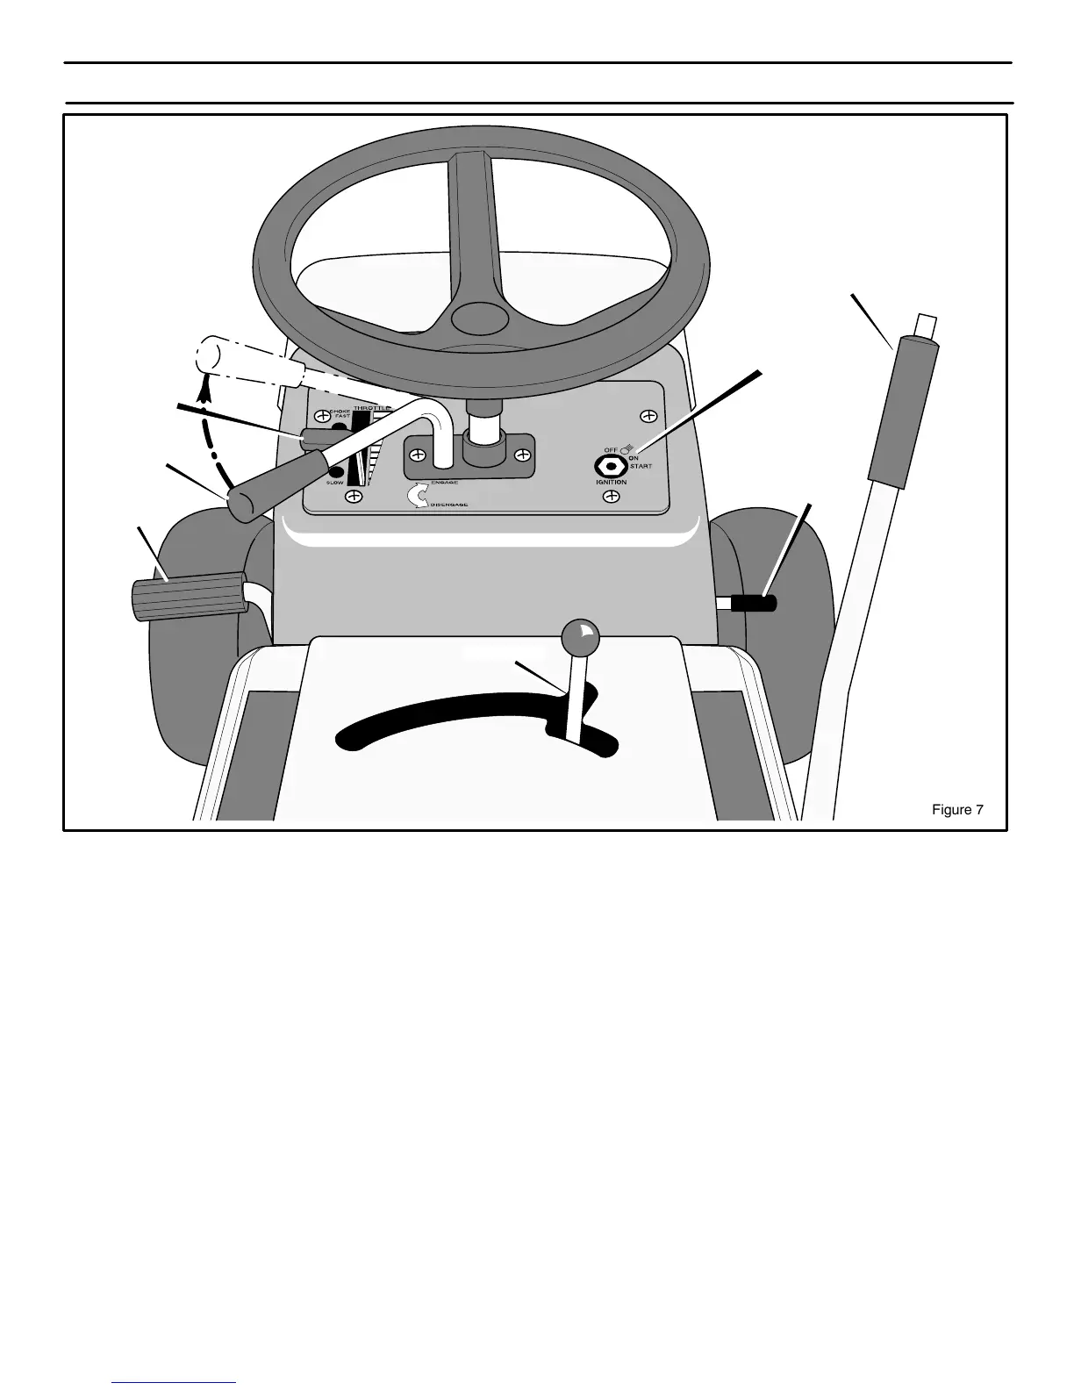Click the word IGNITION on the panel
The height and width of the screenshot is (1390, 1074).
click(x=611, y=482)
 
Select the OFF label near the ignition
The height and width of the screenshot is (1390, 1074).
click(x=611, y=450)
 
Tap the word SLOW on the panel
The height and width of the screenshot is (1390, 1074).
click(x=334, y=483)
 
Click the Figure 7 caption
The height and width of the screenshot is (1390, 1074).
click(x=956, y=810)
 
